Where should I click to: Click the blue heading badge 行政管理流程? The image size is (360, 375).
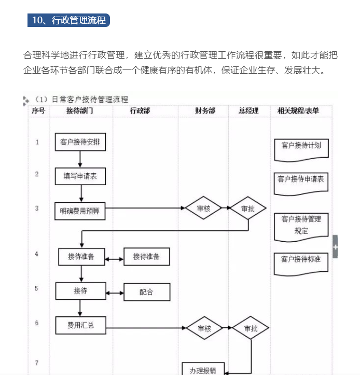[x=68, y=20]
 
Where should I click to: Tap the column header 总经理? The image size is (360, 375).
[x=249, y=110]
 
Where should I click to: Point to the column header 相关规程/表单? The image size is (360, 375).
[x=298, y=110]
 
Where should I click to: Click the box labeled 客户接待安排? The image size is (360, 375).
[x=80, y=142]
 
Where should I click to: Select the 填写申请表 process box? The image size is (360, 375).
[x=80, y=176]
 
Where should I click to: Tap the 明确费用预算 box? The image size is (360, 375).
[x=80, y=211]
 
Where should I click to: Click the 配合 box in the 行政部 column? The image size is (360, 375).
[x=147, y=292]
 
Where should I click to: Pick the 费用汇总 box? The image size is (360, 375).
[x=80, y=325]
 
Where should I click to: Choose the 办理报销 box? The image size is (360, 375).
[x=203, y=369]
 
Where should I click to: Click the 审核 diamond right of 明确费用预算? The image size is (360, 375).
[x=203, y=209]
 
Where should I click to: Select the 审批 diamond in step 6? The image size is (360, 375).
[x=251, y=328]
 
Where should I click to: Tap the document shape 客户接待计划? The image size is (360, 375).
[x=301, y=147]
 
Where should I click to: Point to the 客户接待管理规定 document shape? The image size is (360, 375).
[x=301, y=226]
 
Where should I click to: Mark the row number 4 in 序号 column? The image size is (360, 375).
[x=37, y=254]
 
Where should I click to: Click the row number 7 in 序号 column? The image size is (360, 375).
[x=37, y=363]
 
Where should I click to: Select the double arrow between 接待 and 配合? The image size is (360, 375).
[x=114, y=293]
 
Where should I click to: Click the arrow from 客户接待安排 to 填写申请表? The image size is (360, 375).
[x=80, y=159]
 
